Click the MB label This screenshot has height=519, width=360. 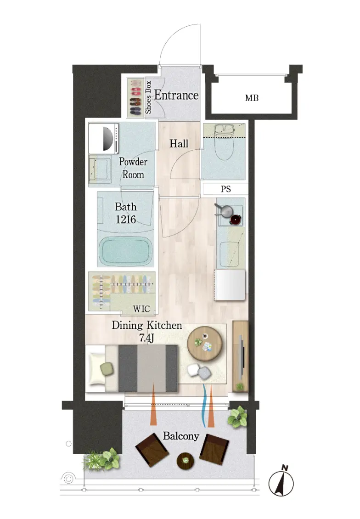tap(252, 98)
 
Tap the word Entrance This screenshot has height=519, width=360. tap(176, 96)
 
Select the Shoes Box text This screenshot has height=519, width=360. tap(148, 97)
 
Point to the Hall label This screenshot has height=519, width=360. tap(179, 144)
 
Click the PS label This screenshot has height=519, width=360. tap(225, 189)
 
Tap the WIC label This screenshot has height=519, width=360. tap(141, 309)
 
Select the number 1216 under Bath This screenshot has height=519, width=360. tap(126, 219)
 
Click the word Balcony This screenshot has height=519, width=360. tap(181, 436)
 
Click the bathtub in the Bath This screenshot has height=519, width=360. tap(126, 251)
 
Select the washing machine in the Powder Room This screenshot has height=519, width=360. tap(104, 138)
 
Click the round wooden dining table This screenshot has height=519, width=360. tap(204, 344)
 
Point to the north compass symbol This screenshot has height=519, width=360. tap(281, 482)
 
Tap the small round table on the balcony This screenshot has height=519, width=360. tap(186, 461)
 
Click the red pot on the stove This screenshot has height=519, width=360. tap(235, 220)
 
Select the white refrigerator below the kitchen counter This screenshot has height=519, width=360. tap(230, 285)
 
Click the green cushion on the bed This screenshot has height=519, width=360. tap(107, 369)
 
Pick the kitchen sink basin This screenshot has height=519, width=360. tap(229, 254)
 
